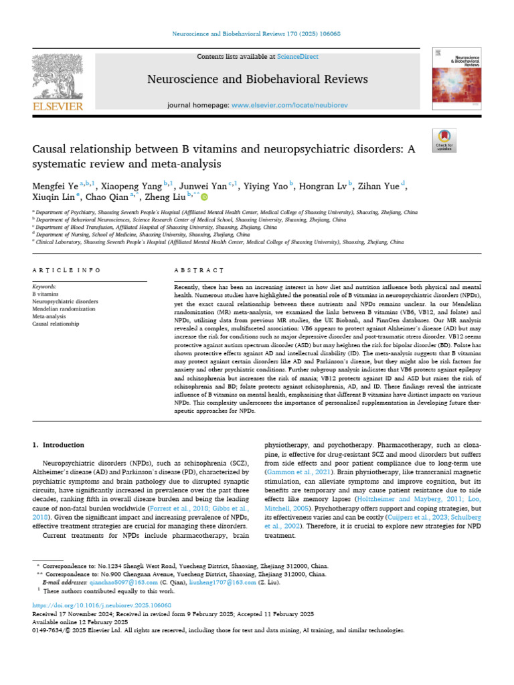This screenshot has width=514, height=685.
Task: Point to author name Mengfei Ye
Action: point(54,185)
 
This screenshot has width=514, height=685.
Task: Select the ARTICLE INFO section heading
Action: point(66,270)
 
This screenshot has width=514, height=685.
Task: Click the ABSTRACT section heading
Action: point(198,270)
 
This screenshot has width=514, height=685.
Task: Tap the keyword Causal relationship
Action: point(56,324)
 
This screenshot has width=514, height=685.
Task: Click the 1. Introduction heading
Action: point(59,445)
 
